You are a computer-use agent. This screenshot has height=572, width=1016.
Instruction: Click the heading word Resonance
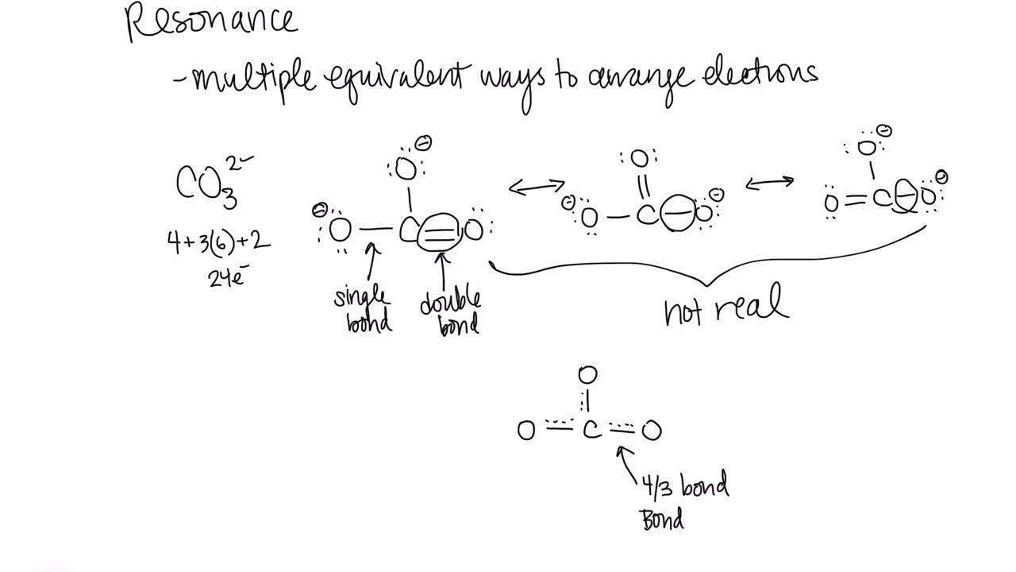point(212,21)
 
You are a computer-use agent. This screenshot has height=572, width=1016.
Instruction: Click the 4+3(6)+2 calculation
point(218,242)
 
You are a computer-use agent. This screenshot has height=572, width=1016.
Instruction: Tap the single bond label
point(364,309)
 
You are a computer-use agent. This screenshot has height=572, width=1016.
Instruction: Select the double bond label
point(451,312)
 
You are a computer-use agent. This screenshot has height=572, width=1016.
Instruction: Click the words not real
point(725,307)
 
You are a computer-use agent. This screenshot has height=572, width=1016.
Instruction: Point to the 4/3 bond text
point(685,485)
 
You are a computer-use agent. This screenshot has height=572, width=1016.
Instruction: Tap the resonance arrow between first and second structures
point(537,187)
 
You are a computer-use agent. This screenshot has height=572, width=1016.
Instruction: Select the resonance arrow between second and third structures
point(769,184)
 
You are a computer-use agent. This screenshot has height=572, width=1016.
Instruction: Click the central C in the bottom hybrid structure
point(591,431)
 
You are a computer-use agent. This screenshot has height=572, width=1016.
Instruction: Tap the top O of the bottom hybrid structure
point(587,374)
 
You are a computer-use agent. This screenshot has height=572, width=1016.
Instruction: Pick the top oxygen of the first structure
point(406,168)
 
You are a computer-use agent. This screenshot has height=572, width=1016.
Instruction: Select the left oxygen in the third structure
point(831,203)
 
